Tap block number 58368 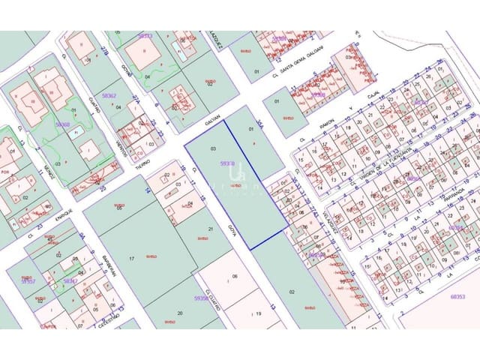click(62, 124)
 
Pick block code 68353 click(457, 296)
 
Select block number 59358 click(201, 298)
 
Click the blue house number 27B click(104, 50)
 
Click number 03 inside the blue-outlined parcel click(213, 148)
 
